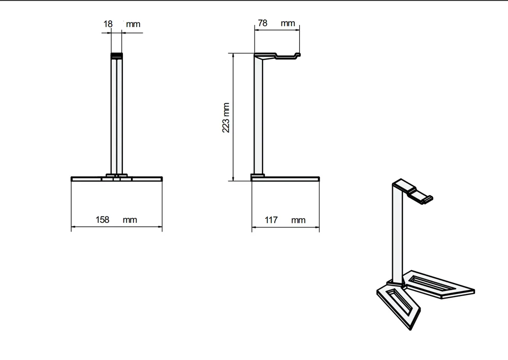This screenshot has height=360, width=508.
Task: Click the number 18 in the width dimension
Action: pos(108,24)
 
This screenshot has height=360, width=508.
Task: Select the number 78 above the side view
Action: pos(263,23)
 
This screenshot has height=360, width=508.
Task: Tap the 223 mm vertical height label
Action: pos(226,118)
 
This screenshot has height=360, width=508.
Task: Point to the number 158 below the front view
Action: pos(103,220)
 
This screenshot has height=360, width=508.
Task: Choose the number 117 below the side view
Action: pos(271,220)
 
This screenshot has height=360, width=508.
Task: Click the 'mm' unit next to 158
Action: pos(130,220)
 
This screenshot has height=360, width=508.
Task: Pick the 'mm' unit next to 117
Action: pos(299,220)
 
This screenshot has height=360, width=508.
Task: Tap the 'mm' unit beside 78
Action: pos(288,23)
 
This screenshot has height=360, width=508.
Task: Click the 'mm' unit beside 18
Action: pos(133,24)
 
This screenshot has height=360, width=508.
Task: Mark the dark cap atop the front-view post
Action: pos(117,55)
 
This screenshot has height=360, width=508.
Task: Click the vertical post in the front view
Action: pos(117,117)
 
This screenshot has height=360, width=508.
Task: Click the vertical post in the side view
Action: pos(259,117)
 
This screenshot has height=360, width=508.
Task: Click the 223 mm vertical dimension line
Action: pos(233,117)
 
